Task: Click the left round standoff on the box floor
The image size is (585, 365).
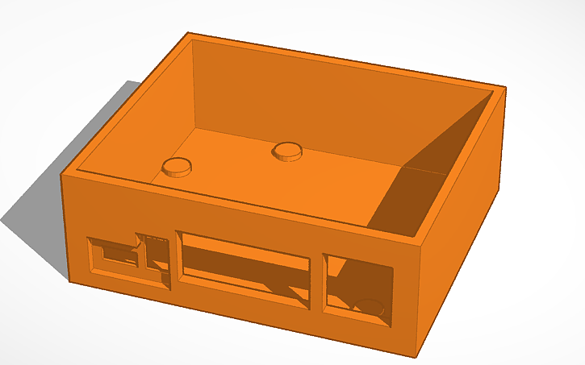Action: tap(177, 168)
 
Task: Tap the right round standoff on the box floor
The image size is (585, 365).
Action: tap(287, 150)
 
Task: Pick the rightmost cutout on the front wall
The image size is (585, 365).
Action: tap(357, 288)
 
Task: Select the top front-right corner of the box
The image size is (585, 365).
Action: tap(424, 246)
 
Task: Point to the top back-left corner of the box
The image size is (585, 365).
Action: tap(188, 34)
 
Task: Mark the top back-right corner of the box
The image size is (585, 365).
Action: tap(504, 86)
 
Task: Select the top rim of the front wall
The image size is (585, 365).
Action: tap(242, 206)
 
